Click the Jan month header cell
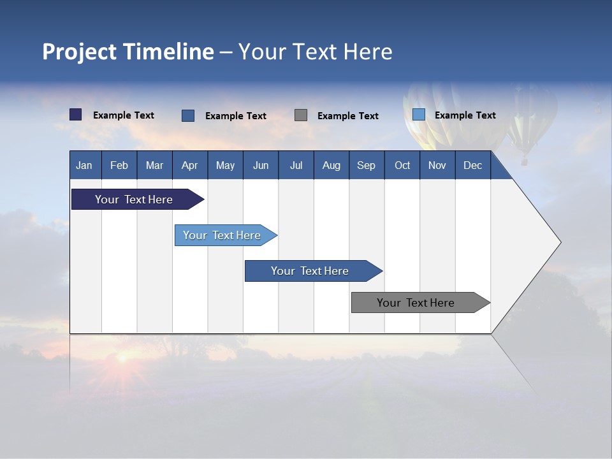pos(85,165)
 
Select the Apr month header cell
pos(190,165)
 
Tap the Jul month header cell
pos(296,165)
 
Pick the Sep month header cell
pos(367,165)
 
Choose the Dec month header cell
pos(472,165)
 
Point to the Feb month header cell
pos(119,165)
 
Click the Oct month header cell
pos(402,165)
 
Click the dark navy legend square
pos(76,115)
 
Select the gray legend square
pos(301,115)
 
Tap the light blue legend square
pos(418,115)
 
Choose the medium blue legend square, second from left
pos(188,115)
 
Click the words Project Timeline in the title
pos(127,52)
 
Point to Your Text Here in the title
pos(315,52)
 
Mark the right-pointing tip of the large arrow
pos(559,242)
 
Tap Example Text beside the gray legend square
pos(347,116)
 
